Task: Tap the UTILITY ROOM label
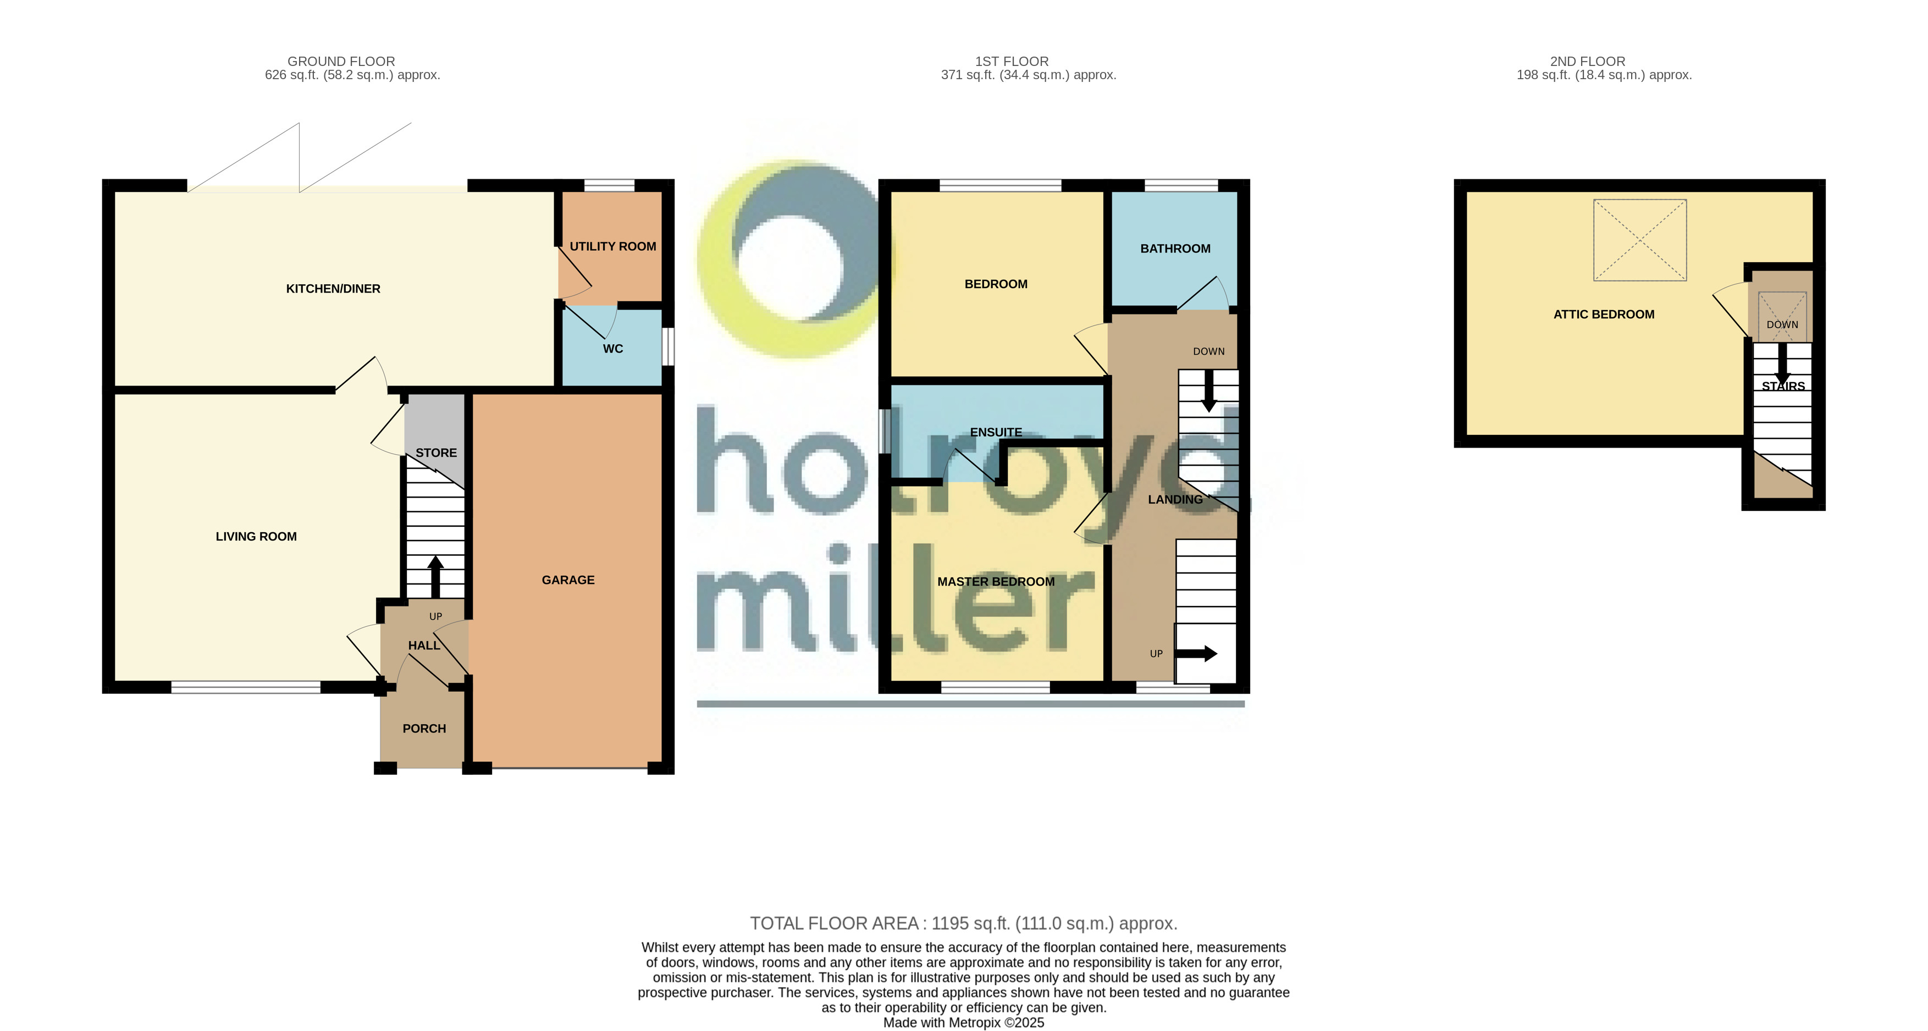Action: (612, 246)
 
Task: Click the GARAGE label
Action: (567, 580)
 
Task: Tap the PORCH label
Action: (424, 729)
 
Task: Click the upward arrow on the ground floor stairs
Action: (435, 575)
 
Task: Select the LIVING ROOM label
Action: (256, 537)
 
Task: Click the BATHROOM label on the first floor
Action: (1174, 249)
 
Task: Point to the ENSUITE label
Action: (996, 433)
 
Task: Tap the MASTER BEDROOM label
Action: (996, 582)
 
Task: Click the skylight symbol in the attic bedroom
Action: (1639, 240)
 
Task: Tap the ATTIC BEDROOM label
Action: (1603, 315)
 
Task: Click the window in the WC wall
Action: (667, 346)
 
